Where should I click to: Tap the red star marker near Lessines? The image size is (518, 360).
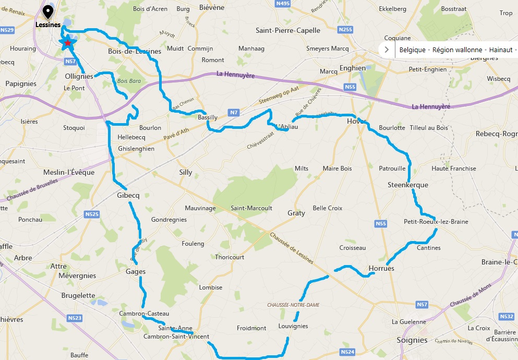pyautogui.click(x=67, y=43)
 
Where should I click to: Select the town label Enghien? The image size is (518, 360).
pyautogui.click(x=352, y=68)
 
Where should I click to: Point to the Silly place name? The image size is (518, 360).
pyautogui.click(x=185, y=172)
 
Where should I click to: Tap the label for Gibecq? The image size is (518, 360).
pyautogui.click(x=128, y=196)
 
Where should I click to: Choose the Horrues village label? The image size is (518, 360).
pyautogui.click(x=381, y=268)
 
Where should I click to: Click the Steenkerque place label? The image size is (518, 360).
pyautogui.click(x=407, y=185)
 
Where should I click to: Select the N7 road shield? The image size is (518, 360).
pyautogui.click(x=234, y=112)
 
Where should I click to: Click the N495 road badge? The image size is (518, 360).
pyautogui.click(x=283, y=4)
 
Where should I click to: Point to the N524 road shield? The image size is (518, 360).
pyautogui.click(x=348, y=352)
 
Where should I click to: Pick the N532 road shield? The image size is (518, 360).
pyautogui.click(x=506, y=316)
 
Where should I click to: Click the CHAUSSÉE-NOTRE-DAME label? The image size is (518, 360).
pyautogui.click(x=293, y=305)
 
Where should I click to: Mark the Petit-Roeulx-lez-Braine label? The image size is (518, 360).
pyautogui.click(x=436, y=222)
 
